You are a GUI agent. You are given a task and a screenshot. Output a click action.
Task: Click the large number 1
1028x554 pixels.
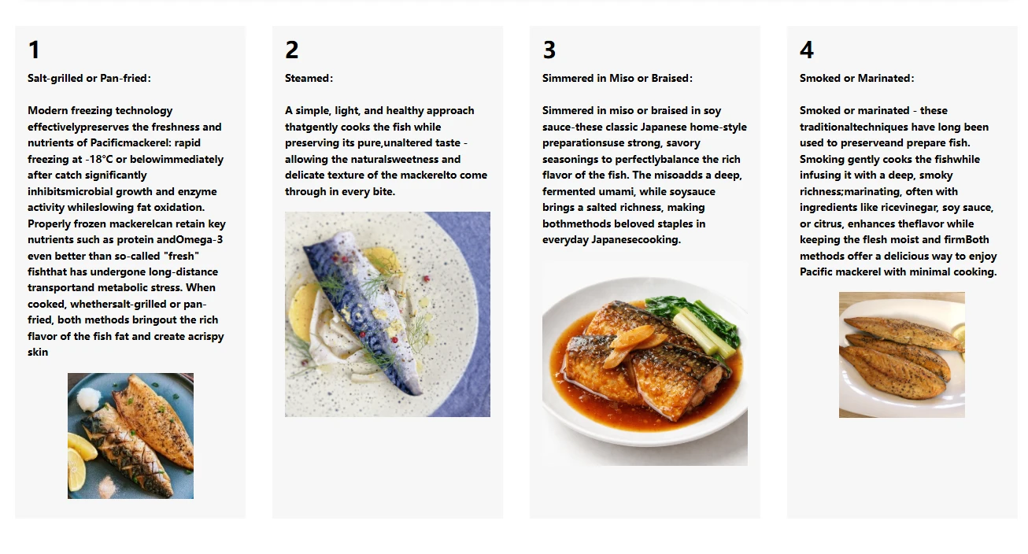click(x=34, y=50)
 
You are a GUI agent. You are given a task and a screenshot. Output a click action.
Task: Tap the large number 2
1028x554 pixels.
click(x=292, y=50)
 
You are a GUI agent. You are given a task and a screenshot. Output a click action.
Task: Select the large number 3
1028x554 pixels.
click(x=549, y=50)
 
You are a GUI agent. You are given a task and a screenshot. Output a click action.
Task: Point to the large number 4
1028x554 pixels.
click(x=807, y=50)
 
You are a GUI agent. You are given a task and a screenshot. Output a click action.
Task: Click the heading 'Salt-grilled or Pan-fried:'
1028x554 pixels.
click(x=89, y=78)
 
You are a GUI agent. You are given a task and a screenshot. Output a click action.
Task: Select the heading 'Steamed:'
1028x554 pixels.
click(x=309, y=78)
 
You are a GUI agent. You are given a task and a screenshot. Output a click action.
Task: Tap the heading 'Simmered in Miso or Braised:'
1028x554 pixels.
click(x=617, y=78)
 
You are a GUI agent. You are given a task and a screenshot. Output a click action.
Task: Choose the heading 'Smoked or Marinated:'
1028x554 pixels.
click(x=857, y=78)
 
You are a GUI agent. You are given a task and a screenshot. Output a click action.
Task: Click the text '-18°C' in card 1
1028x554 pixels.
click(x=98, y=159)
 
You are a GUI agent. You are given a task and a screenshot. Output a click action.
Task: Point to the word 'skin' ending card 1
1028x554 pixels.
click(x=38, y=352)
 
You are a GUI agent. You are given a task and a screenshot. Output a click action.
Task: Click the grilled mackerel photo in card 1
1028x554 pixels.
click(x=131, y=436)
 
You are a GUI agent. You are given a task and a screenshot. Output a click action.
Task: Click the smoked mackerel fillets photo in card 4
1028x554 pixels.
click(x=902, y=355)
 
